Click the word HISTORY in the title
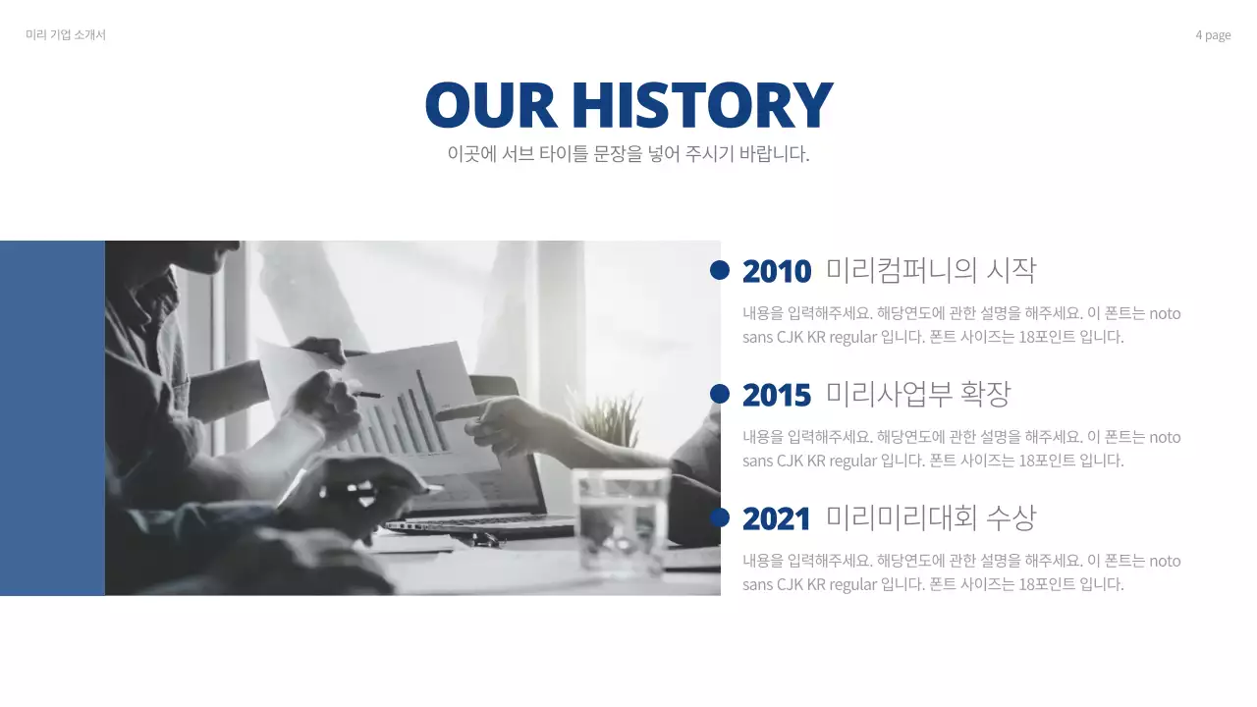coord(701,105)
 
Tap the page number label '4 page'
coord(1213,35)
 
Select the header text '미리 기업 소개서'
coord(66,35)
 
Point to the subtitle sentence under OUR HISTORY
coord(628,154)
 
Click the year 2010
coord(777,271)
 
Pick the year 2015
coord(777,395)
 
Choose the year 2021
coord(777,518)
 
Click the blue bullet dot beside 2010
coord(720,270)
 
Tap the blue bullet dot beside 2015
coord(720,394)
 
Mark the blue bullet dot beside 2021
coord(720,517)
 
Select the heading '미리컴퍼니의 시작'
coord(931,270)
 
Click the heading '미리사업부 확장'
coord(918,394)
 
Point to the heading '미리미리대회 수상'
coord(931,517)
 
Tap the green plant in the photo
coord(607,420)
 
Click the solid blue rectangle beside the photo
coord(52,418)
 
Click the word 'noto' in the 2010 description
coord(1165,313)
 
